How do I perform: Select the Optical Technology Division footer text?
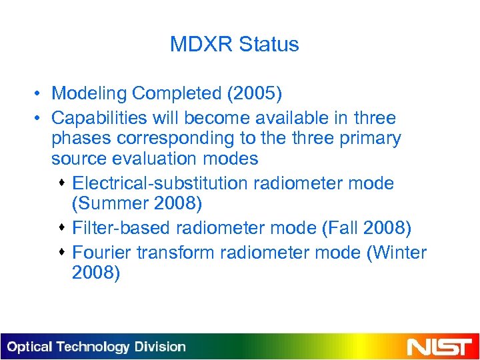pyautogui.click(x=97, y=347)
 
